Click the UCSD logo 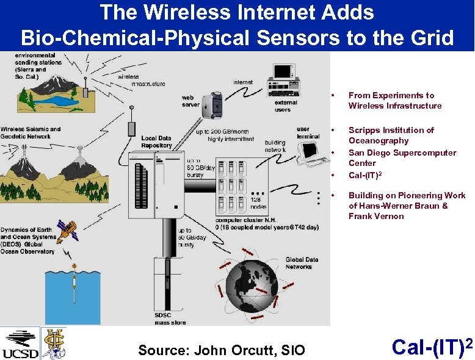point(20,344)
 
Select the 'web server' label point(190,101)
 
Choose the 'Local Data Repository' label point(156,142)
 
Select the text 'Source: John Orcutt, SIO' point(221,350)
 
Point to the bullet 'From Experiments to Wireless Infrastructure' point(394,101)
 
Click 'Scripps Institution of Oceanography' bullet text point(391,135)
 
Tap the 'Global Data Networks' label point(299,263)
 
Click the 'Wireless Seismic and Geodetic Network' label point(31,133)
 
